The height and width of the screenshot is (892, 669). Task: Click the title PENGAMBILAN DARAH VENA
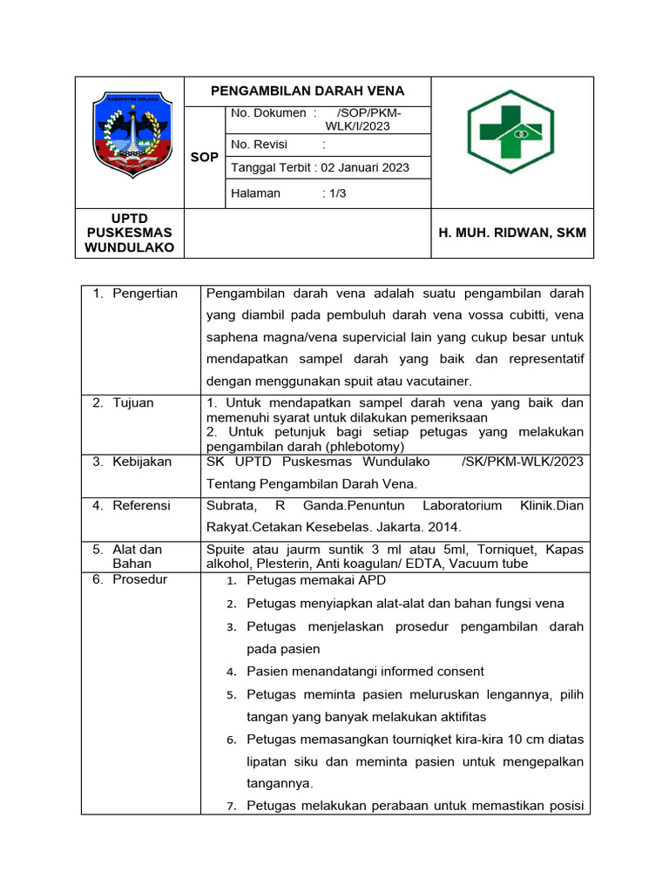pos(307,91)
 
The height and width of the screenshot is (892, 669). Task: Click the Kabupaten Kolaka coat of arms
pos(130,135)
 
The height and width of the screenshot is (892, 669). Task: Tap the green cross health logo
pos(510,132)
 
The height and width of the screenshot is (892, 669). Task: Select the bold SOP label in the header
pos(204,157)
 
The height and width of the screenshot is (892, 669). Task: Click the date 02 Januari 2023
pos(365,167)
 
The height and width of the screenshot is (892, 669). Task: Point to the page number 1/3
pos(334,193)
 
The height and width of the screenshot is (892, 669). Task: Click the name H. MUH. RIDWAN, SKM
pos(511,233)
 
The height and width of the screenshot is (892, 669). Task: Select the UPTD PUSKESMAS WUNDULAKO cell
pos(129,233)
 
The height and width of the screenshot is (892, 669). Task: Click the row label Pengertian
pos(145,294)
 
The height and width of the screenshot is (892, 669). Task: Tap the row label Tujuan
pos(133,402)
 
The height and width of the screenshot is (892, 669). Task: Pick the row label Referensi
pos(142,505)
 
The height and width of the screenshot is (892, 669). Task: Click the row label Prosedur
pos(140,579)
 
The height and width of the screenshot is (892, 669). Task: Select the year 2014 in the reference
pos(444,527)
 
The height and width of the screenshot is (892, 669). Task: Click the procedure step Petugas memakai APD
pos(316,580)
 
